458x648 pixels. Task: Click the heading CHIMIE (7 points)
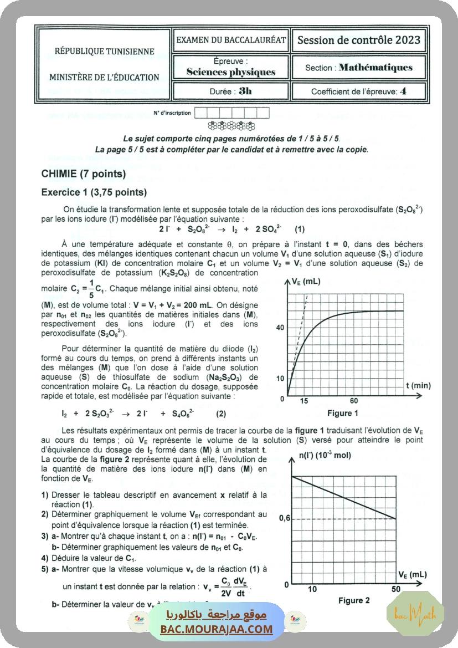pyautogui.click(x=84, y=174)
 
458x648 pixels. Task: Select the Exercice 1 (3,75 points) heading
pyautogui.click(x=94, y=192)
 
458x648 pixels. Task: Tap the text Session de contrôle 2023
pyautogui.click(x=359, y=40)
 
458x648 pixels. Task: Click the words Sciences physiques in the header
pyautogui.click(x=230, y=72)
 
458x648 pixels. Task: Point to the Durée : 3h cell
pyautogui.click(x=230, y=91)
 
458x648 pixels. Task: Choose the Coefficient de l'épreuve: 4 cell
pyautogui.click(x=359, y=91)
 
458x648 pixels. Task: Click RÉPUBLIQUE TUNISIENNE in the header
pyautogui.click(x=104, y=52)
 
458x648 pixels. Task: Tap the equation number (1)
pyautogui.click(x=299, y=229)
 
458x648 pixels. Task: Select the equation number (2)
pyautogui.click(x=221, y=414)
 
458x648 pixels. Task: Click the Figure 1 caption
pyautogui.click(x=343, y=413)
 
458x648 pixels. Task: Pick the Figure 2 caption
pyautogui.click(x=354, y=600)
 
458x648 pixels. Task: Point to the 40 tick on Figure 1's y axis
pyautogui.click(x=280, y=328)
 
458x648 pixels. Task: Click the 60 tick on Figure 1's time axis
pyautogui.click(x=353, y=401)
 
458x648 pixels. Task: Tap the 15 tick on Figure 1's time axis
pyautogui.click(x=304, y=401)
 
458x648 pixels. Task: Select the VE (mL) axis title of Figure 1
pyautogui.click(x=306, y=282)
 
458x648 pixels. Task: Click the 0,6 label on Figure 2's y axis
pyautogui.click(x=284, y=518)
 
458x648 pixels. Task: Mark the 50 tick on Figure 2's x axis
pyautogui.click(x=395, y=589)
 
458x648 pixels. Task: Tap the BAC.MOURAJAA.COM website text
pyautogui.click(x=217, y=629)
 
